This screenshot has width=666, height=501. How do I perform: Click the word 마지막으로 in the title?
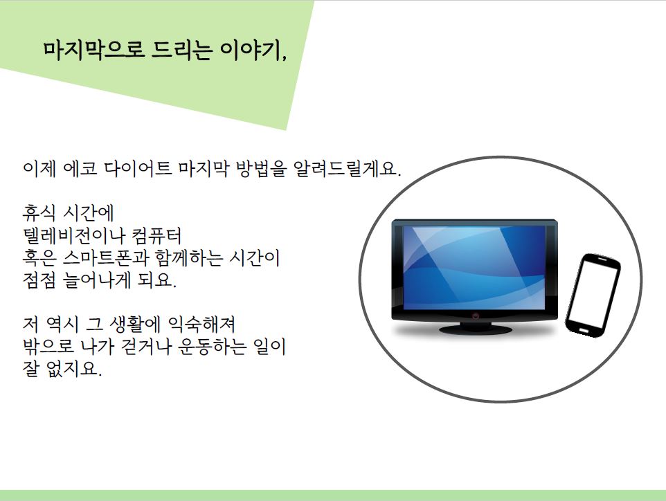(94, 51)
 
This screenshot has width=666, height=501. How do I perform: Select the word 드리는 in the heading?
(182, 51)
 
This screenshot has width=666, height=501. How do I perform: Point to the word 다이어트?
(138, 169)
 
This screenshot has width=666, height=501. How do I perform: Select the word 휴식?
(39, 212)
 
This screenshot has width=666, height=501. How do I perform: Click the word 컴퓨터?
(156, 235)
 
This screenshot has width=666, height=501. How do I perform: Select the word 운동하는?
(212, 347)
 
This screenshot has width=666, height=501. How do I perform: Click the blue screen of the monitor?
(474, 268)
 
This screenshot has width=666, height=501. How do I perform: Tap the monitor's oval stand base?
(476, 329)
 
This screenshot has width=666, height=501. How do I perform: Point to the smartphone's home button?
(584, 331)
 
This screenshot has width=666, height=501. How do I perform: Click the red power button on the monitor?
(476, 316)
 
